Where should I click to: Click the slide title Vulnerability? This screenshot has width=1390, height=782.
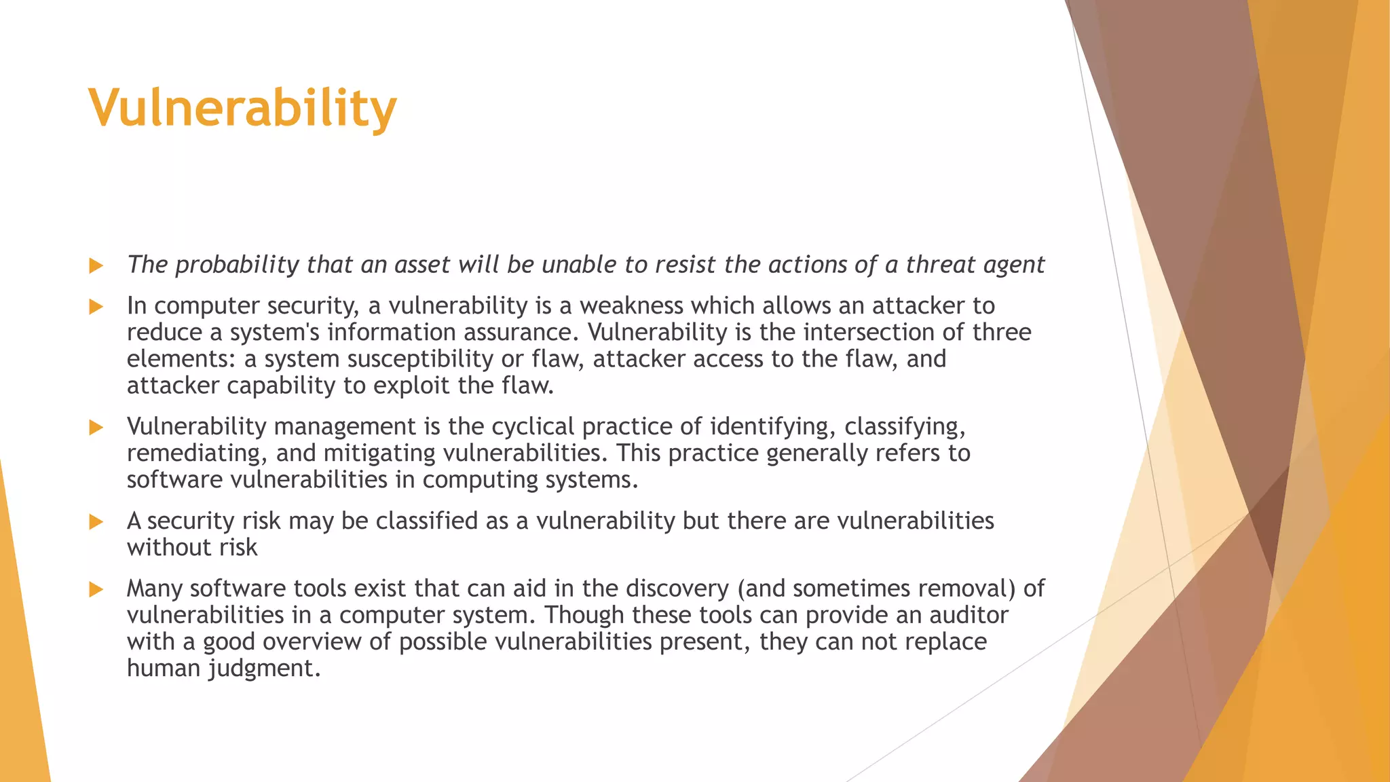[x=242, y=109]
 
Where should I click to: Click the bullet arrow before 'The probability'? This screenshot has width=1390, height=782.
[x=96, y=265]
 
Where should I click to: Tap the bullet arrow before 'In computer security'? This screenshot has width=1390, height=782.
[x=96, y=307]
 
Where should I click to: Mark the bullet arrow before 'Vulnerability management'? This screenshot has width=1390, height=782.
[x=96, y=428]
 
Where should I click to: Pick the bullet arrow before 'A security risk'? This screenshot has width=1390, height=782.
[x=96, y=522]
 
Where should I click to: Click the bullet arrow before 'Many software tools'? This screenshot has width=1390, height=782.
[x=96, y=589]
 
